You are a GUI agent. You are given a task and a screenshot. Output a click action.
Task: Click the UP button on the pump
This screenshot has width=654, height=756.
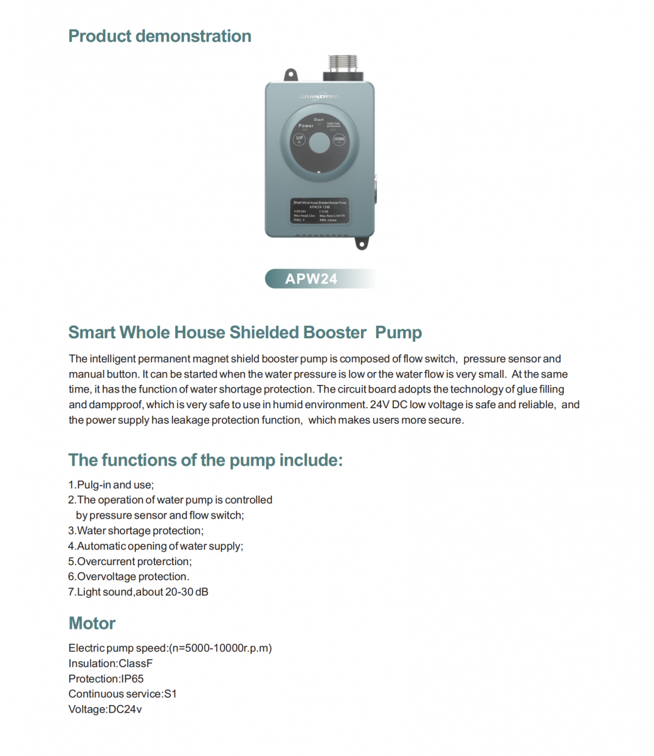click(x=300, y=140)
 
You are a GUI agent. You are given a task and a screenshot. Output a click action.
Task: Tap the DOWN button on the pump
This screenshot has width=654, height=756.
click(x=339, y=140)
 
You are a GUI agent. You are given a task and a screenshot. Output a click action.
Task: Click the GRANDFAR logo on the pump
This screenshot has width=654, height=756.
click(x=319, y=96)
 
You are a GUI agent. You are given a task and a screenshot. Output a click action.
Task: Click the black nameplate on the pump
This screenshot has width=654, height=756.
click(x=319, y=211)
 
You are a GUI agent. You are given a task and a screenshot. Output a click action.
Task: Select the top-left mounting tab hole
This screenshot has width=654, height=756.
click(x=290, y=76)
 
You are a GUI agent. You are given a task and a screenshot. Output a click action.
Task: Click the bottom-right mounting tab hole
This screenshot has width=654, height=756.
click(x=362, y=243)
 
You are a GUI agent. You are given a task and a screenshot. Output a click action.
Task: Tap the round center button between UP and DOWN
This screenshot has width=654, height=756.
click(x=319, y=143)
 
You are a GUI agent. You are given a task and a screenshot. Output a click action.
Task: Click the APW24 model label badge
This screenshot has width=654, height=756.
click(x=311, y=278)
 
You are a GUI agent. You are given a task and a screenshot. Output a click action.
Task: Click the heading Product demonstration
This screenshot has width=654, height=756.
click(x=159, y=36)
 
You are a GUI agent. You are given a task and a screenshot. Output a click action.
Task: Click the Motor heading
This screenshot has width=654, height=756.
click(x=92, y=623)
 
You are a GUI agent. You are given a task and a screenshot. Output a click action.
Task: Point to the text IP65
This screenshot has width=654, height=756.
click(x=132, y=679)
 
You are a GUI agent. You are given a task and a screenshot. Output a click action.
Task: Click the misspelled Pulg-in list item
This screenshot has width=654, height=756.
click(x=111, y=484)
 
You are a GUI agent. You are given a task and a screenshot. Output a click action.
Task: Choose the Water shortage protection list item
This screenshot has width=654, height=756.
click(x=136, y=530)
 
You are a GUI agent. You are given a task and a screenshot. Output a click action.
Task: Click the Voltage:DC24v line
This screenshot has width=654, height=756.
click(x=105, y=709)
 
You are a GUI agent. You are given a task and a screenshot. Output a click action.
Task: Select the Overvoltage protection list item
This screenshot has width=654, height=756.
click(x=129, y=576)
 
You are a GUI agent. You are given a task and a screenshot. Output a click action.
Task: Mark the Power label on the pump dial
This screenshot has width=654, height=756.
click(x=306, y=126)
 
